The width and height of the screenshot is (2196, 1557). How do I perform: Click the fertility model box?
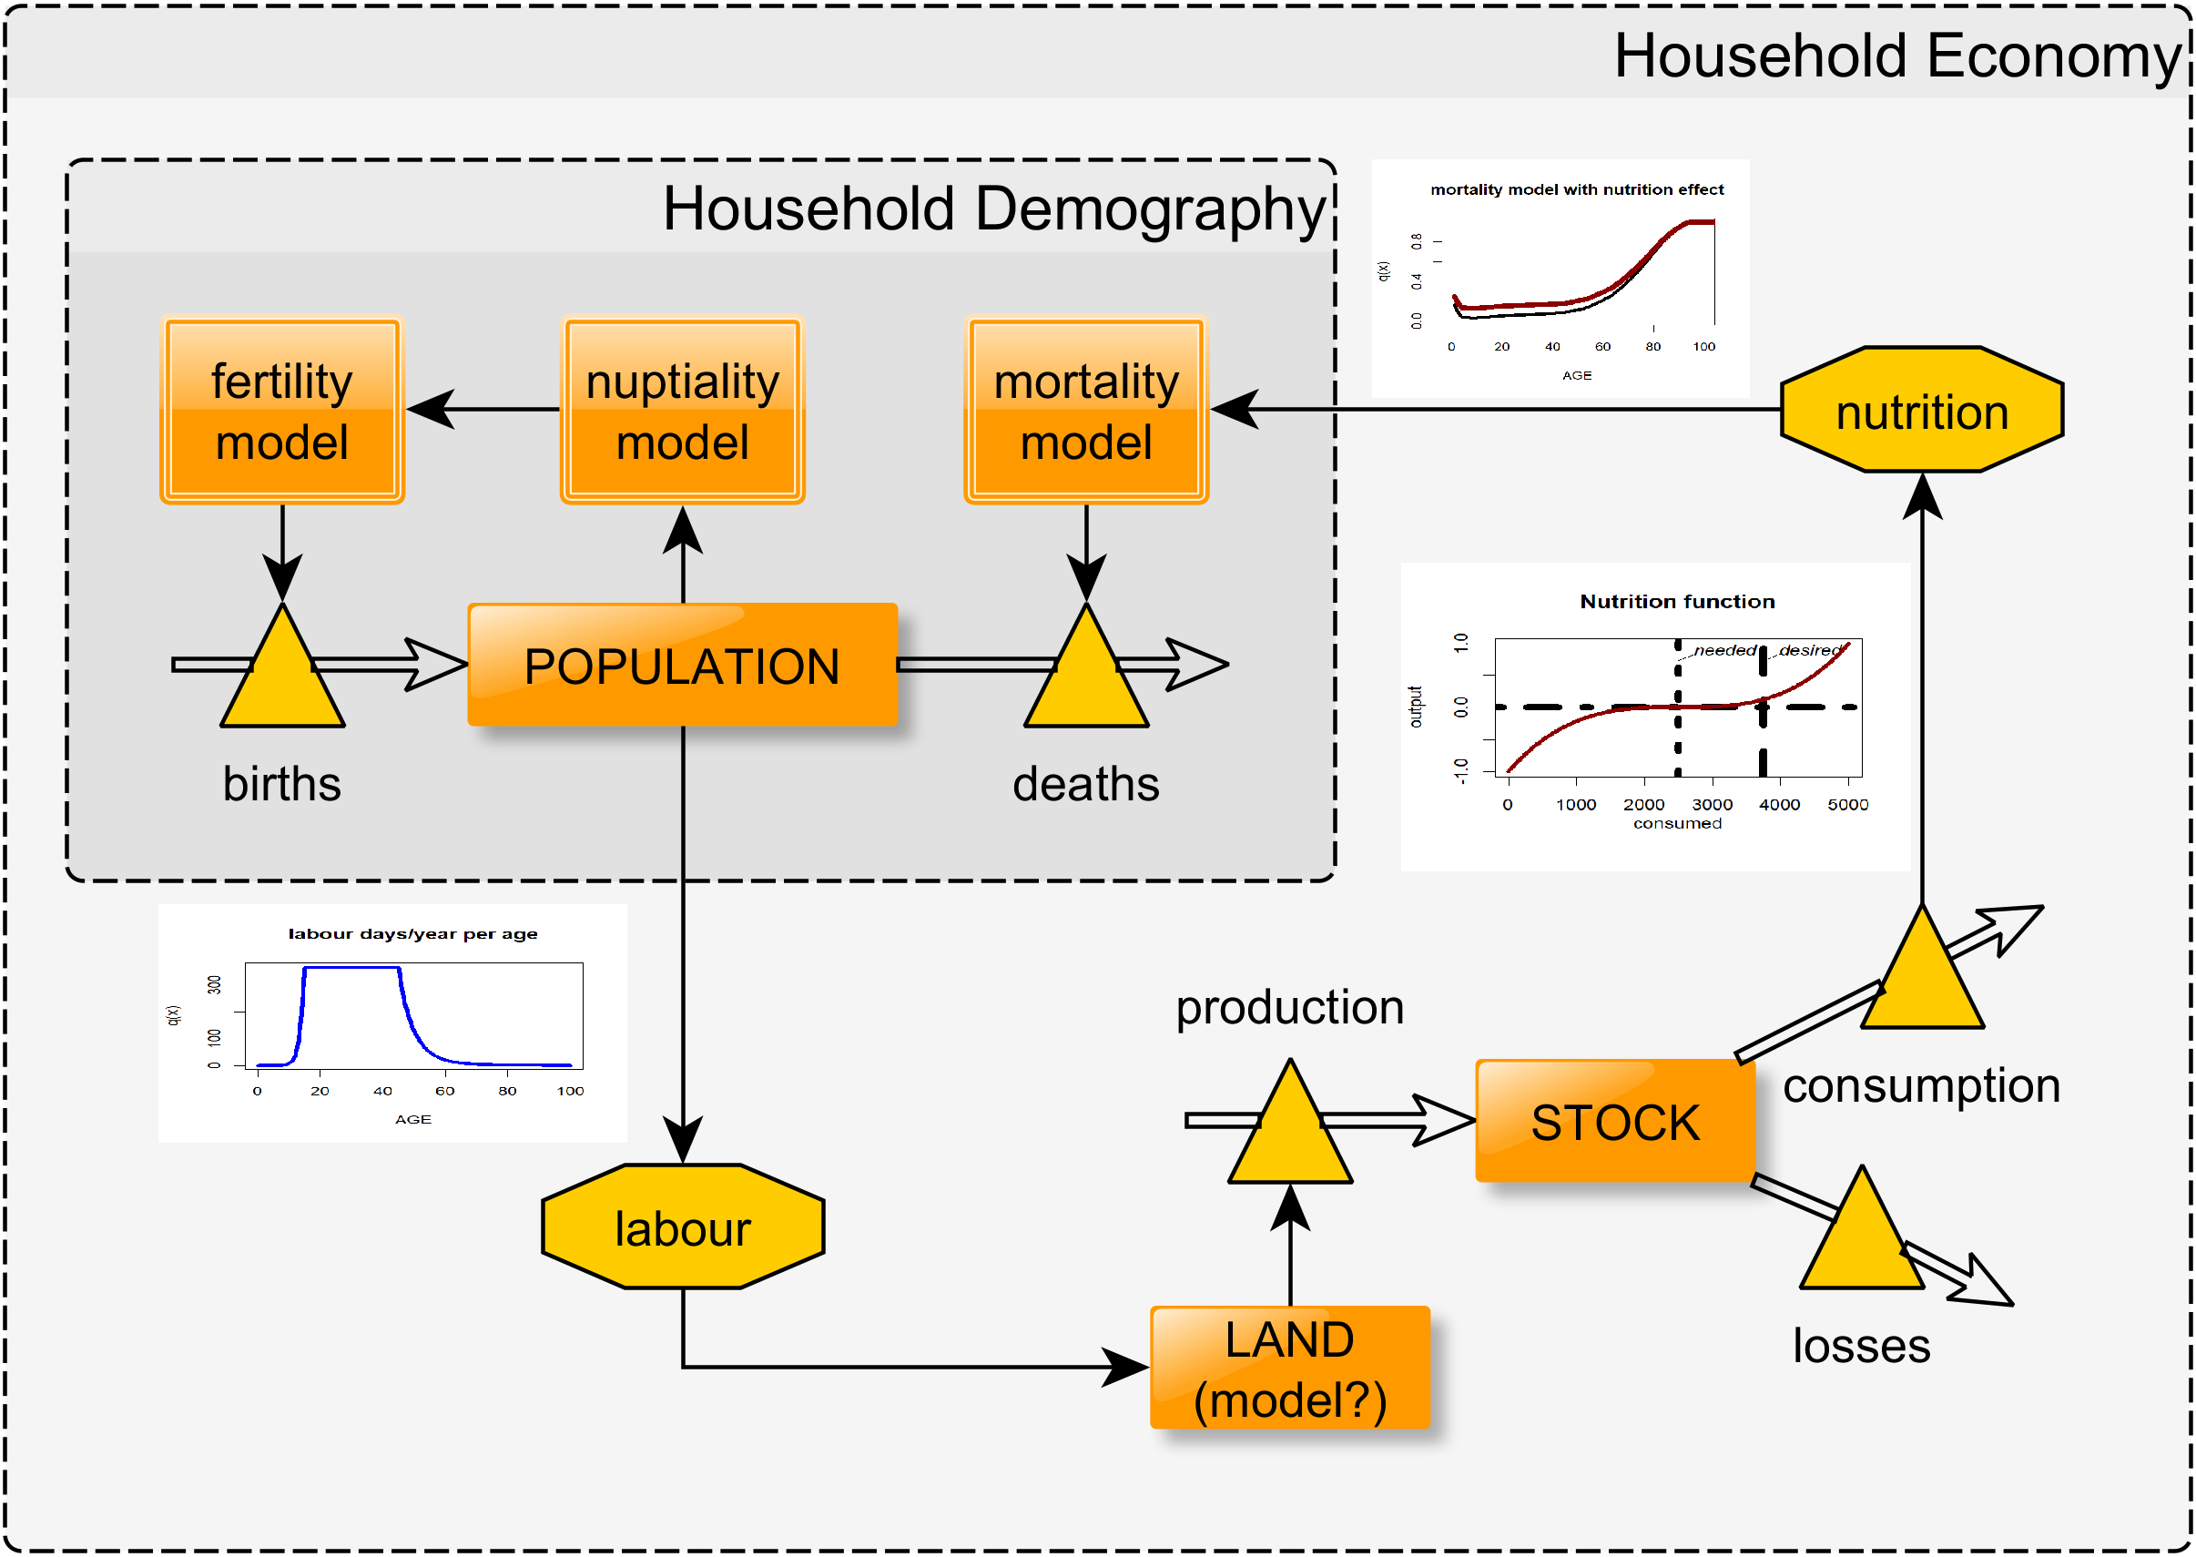tap(282, 412)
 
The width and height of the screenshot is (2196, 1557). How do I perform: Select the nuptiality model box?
tap(683, 412)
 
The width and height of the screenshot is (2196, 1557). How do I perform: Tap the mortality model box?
tap(1086, 412)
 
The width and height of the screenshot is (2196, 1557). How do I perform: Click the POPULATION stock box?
tap(683, 666)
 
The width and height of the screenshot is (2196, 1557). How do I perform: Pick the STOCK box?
tap(1615, 1122)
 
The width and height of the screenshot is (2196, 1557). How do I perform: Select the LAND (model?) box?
tap(1290, 1369)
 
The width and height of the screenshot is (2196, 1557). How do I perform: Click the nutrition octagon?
tap(1922, 412)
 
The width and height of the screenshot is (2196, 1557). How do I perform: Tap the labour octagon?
tap(683, 1228)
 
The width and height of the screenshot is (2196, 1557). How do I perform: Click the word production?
tap(1290, 1008)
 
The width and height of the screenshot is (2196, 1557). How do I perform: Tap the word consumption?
tap(1921, 1086)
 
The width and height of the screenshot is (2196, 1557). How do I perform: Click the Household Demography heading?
tap(993, 209)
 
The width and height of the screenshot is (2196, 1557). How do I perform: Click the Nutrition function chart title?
tap(1677, 601)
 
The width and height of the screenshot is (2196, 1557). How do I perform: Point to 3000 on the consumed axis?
tap(1712, 804)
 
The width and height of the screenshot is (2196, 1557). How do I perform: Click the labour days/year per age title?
tap(412, 934)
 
